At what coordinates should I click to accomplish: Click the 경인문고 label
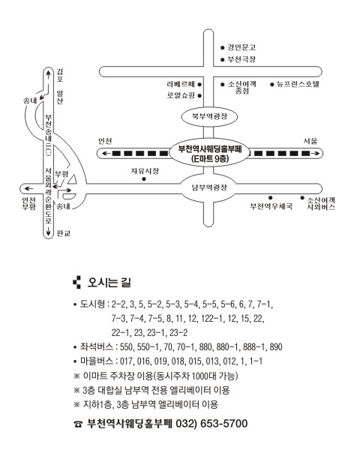pos(241,47)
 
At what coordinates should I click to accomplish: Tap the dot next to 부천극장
pos(223,60)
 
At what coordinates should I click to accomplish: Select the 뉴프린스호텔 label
pos(298,84)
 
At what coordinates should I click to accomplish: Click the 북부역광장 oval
pos(210,116)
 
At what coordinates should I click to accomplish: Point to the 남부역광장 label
pos(209,187)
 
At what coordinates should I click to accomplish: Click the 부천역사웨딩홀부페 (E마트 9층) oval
pos(210,153)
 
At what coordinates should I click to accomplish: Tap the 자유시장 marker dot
pos(144,179)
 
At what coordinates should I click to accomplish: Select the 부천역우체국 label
pos(271,206)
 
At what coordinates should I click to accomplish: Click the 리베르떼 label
pos(181,84)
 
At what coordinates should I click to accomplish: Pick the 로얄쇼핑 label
pos(181,95)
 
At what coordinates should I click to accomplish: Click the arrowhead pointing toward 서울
pos(316,154)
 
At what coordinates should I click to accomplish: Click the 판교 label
pos(64,233)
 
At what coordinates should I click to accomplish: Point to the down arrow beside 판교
pos(48,230)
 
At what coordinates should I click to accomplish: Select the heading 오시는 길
pos(109,283)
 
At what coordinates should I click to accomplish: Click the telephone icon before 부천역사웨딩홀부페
pos(78,424)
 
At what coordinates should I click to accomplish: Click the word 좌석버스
pos(97,347)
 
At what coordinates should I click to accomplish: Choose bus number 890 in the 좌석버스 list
pos(276,347)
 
